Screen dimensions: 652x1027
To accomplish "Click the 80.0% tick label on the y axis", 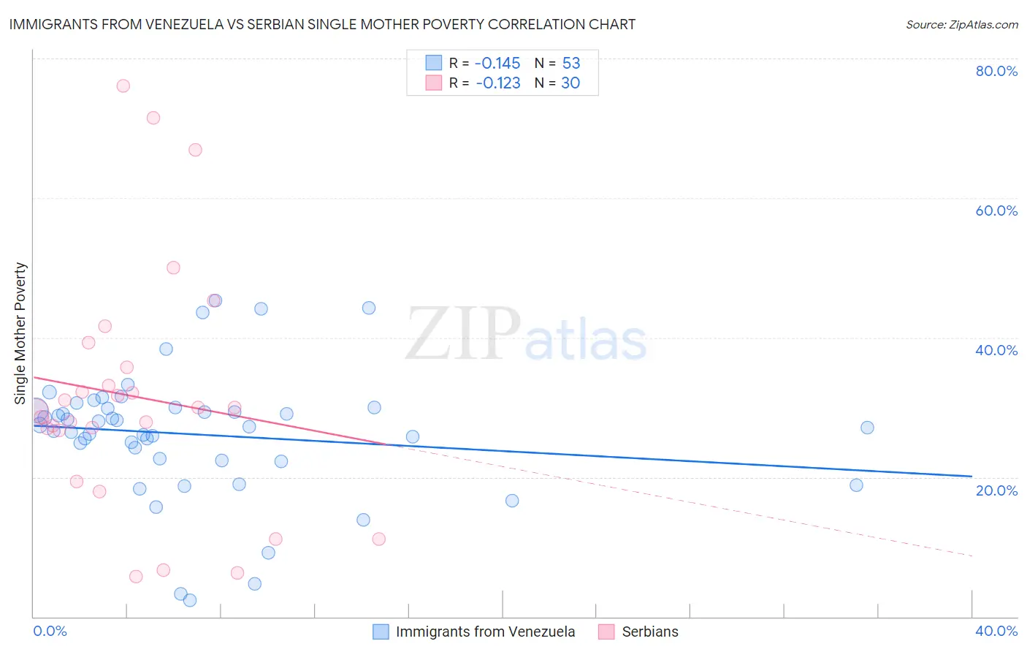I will pyautogui.click(x=996, y=71).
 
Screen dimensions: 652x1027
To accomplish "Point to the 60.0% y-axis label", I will pyautogui.click(x=996, y=211).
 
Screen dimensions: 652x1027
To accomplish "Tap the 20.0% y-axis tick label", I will pyautogui.click(x=996, y=490).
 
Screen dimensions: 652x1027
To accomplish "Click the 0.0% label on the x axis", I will pyautogui.click(x=50, y=631).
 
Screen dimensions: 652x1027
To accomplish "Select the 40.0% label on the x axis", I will pyautogui.click(x=996, y=631).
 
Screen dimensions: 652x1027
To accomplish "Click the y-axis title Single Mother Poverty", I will pyautogui.click(x=20, y=333).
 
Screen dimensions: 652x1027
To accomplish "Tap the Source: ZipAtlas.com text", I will pyautogui.click(x=961, y=24).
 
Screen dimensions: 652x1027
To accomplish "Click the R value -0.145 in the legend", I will pyautogui.click(x=497, y=63).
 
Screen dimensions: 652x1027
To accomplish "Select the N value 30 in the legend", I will pyautogui.click(x=570, y=83).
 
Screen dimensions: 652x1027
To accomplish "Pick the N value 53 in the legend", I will pyautogui.click(x=570, y=63).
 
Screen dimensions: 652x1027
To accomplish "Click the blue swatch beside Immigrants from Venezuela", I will pyautogui.click(x=381, y=632).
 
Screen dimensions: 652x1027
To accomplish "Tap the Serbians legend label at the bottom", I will pyautogui.click(x=650, y=632).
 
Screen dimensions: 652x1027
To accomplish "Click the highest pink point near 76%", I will pyautogui.click(x=123, y=86).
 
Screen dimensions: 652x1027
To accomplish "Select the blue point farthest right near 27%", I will pyautogui.click(x=867, y=428).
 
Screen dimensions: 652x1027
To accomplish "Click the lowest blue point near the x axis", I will pyautogui.click(x=190, y=600).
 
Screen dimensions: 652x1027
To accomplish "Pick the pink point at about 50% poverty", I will pyautogui.click(x=173, y=268).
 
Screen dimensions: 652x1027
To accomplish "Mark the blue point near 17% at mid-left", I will pyautogui.click(x=512, y=501).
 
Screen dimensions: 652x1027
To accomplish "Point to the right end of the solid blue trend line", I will pyautogui.click(x=971, y=477).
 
